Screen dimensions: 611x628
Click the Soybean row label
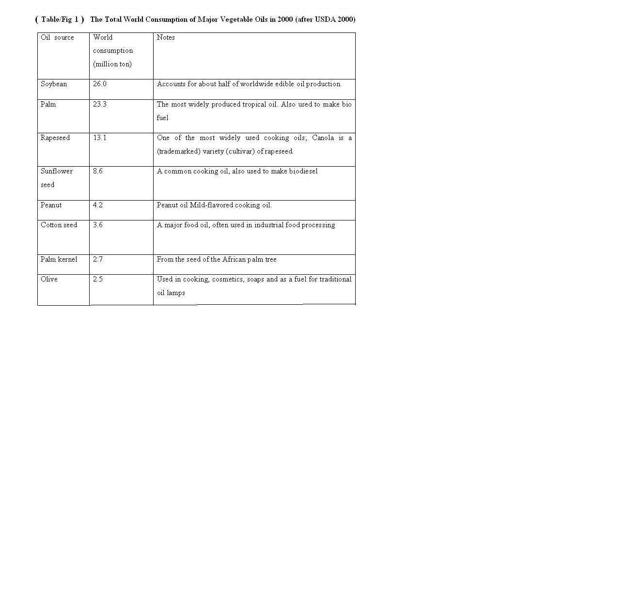[x=54, y=84]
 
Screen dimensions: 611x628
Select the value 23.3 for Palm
[x=100, y=104]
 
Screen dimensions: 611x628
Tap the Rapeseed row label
[x=55, y=138]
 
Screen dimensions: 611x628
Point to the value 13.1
[x=100, y=138]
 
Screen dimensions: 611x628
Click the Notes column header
[x=166, y=37]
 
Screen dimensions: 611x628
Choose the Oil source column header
[x=57, y=37]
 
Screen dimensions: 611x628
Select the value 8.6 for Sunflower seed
[x=98, y=171]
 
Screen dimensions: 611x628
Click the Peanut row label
[x=51, y=205]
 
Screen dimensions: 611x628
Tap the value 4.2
[x=98, y=205]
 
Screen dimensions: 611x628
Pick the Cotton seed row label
[x=59, y=225]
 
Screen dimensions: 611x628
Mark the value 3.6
[x=98, y=225]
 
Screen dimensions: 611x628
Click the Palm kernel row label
[x=59, y=259]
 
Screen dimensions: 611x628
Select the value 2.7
[x=98, y=259]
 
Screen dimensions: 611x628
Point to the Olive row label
[x=49, y=279]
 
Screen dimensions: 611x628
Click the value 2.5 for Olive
[x=98, y=279]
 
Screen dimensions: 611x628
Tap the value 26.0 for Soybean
[x=100, y=84]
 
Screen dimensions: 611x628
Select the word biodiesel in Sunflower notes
[x=303, y=171]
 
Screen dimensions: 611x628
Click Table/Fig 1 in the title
[x=60, y=19]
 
